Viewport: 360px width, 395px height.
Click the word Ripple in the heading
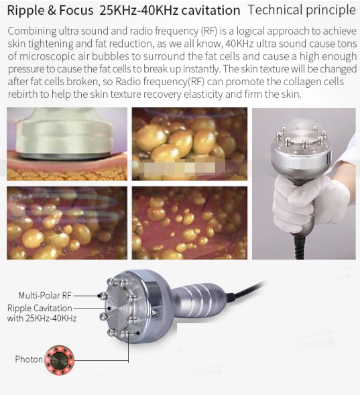[x=25, y=11]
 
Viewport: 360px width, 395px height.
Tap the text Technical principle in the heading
[x=302, y=10]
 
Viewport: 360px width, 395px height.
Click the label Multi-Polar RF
[x=44, y=295]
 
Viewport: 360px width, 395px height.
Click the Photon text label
[x=29, y=359]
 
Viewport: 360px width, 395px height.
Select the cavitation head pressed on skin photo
[x=66, y=144]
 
